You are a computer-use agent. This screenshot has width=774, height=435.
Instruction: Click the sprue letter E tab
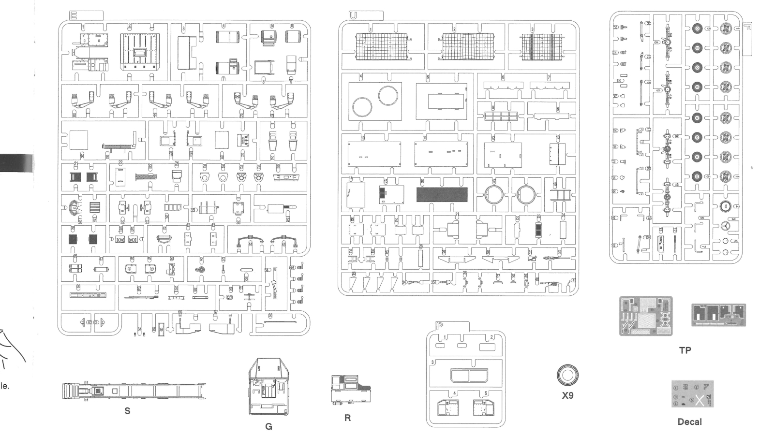click(x=74, y=15)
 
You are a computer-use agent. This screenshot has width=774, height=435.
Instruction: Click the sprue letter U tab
click(x=353, y=15)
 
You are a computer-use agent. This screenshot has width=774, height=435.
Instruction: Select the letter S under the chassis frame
click(x=127, y=411)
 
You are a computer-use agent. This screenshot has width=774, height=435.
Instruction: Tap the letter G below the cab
click(x=269, y=426)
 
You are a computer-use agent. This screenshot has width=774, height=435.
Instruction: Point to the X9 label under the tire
click(x=567, y=395)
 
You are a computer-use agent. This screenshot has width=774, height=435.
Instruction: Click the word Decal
click(x=689, y=422)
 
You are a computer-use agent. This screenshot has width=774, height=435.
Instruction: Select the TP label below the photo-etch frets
click(x=685, y=350)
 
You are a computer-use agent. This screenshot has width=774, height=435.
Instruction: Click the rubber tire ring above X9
click(x=567, y=375)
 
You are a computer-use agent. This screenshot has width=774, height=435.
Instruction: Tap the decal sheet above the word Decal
click(x=692, y=395)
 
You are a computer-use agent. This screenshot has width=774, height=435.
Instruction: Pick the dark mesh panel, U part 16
click(x=442, y=195)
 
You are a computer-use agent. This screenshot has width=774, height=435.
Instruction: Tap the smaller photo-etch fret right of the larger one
click(x=718, y=315)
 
